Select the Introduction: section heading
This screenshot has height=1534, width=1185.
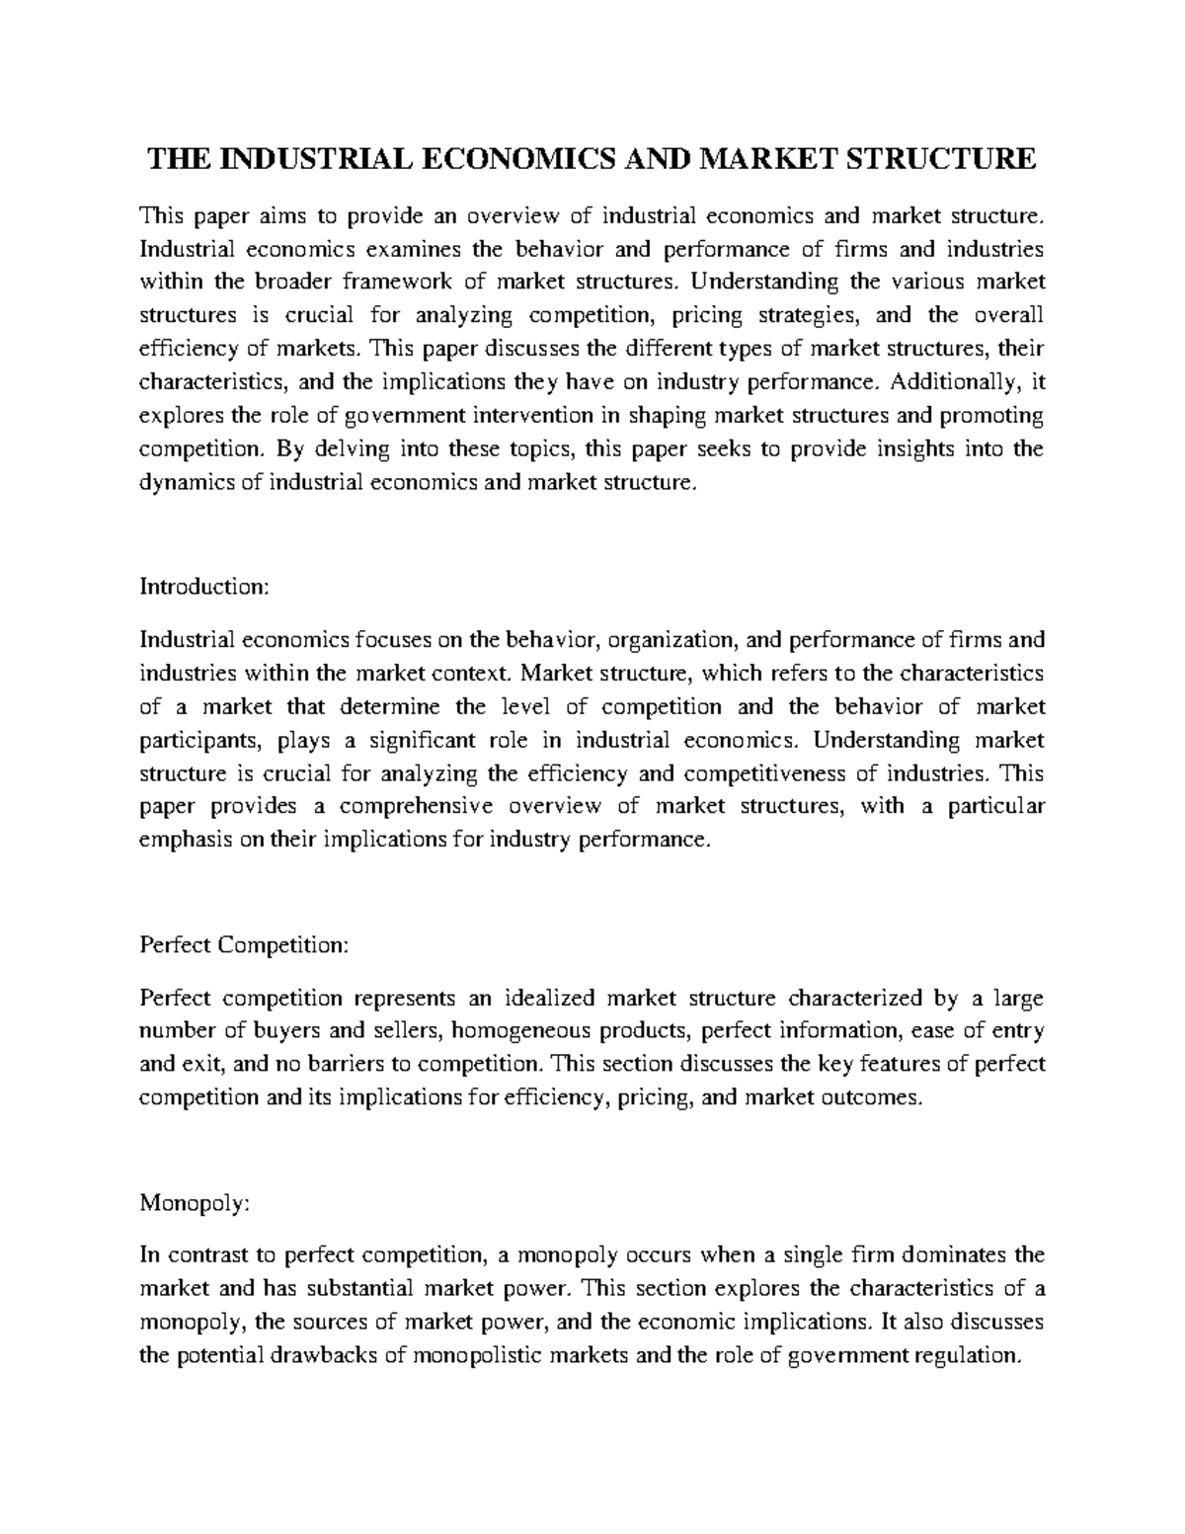coord(203,587)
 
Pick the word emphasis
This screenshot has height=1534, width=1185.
coord(180,840)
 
